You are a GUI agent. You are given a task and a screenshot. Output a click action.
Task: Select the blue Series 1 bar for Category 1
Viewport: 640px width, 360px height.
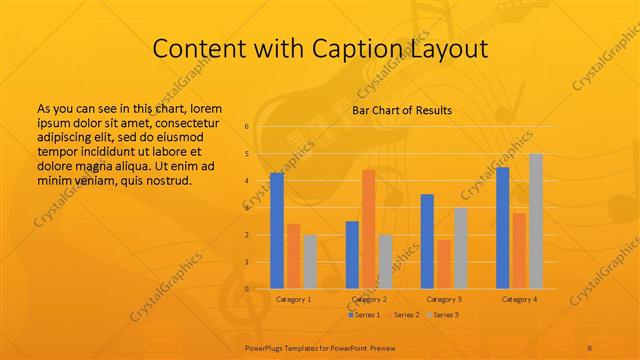(x=277, y=230)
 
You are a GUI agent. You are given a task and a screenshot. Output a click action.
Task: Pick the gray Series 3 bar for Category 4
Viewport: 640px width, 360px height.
(x=536, y=221)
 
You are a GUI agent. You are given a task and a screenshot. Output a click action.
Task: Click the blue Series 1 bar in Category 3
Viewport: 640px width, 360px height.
(x=427, y=241)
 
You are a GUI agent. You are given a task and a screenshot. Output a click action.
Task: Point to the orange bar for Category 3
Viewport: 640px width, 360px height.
(x=444, y=264)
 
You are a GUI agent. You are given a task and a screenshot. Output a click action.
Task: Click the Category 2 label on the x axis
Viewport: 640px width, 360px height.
(x=371, y=299)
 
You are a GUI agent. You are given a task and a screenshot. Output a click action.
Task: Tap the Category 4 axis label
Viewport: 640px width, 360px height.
(x=519, y=299)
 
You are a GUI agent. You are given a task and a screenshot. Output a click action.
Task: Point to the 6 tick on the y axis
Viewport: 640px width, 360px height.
(x=246, y=127)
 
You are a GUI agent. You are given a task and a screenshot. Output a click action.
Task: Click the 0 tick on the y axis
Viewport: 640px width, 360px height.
(x=246, y=289)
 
